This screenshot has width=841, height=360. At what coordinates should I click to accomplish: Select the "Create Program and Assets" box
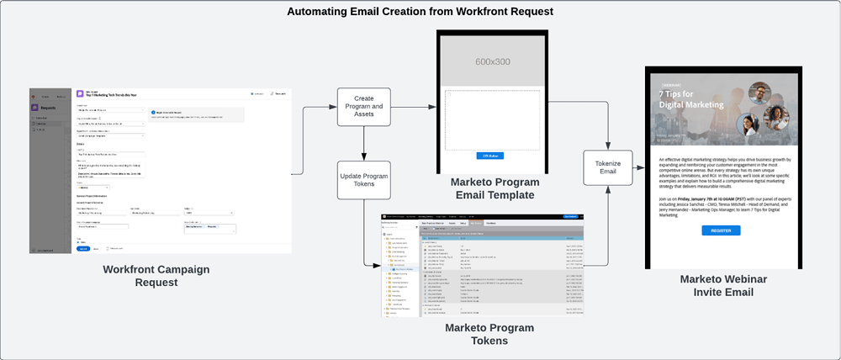coord(364,107)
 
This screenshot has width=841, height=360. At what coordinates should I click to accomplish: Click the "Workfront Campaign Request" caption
coord(156,275)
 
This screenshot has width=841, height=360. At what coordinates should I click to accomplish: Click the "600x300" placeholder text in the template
coord(493,61)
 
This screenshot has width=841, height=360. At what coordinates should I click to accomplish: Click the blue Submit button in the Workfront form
coord(82,249)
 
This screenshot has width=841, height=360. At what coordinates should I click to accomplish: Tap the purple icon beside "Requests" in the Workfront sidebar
coord(34,108)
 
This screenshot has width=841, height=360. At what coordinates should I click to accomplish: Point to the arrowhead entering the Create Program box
coord(334,107)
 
